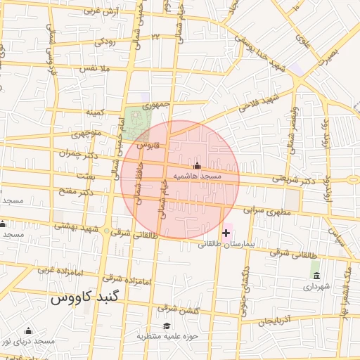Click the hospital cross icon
coord(226,233)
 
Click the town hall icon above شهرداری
coord(315,274)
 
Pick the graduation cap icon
coord(167,326)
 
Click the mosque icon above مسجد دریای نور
coord(29,330)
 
